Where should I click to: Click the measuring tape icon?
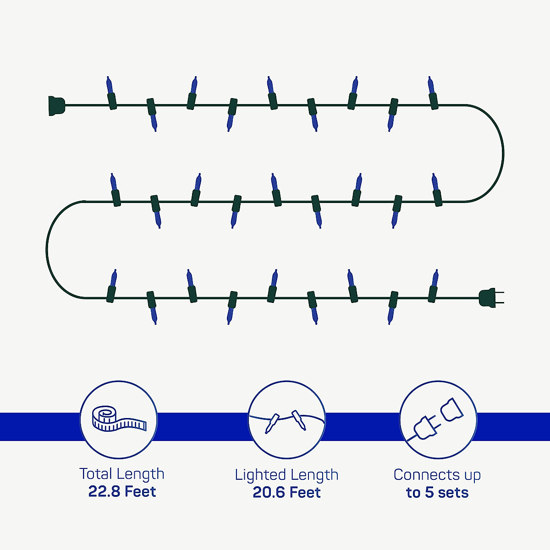click(x=118, y=419)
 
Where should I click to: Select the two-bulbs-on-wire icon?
click(x=286, y=419)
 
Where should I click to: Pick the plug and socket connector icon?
click(x=437, y=419)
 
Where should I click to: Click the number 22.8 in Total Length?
click(x=104, y=492)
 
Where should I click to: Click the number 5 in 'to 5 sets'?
click(x=429, y=493)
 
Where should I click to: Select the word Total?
click(x=95, y=474)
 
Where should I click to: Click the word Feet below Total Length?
click(x=140, y=492)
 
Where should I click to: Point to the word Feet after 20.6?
click(x=305, y=493)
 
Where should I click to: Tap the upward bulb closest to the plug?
click(x=433, y=285)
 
